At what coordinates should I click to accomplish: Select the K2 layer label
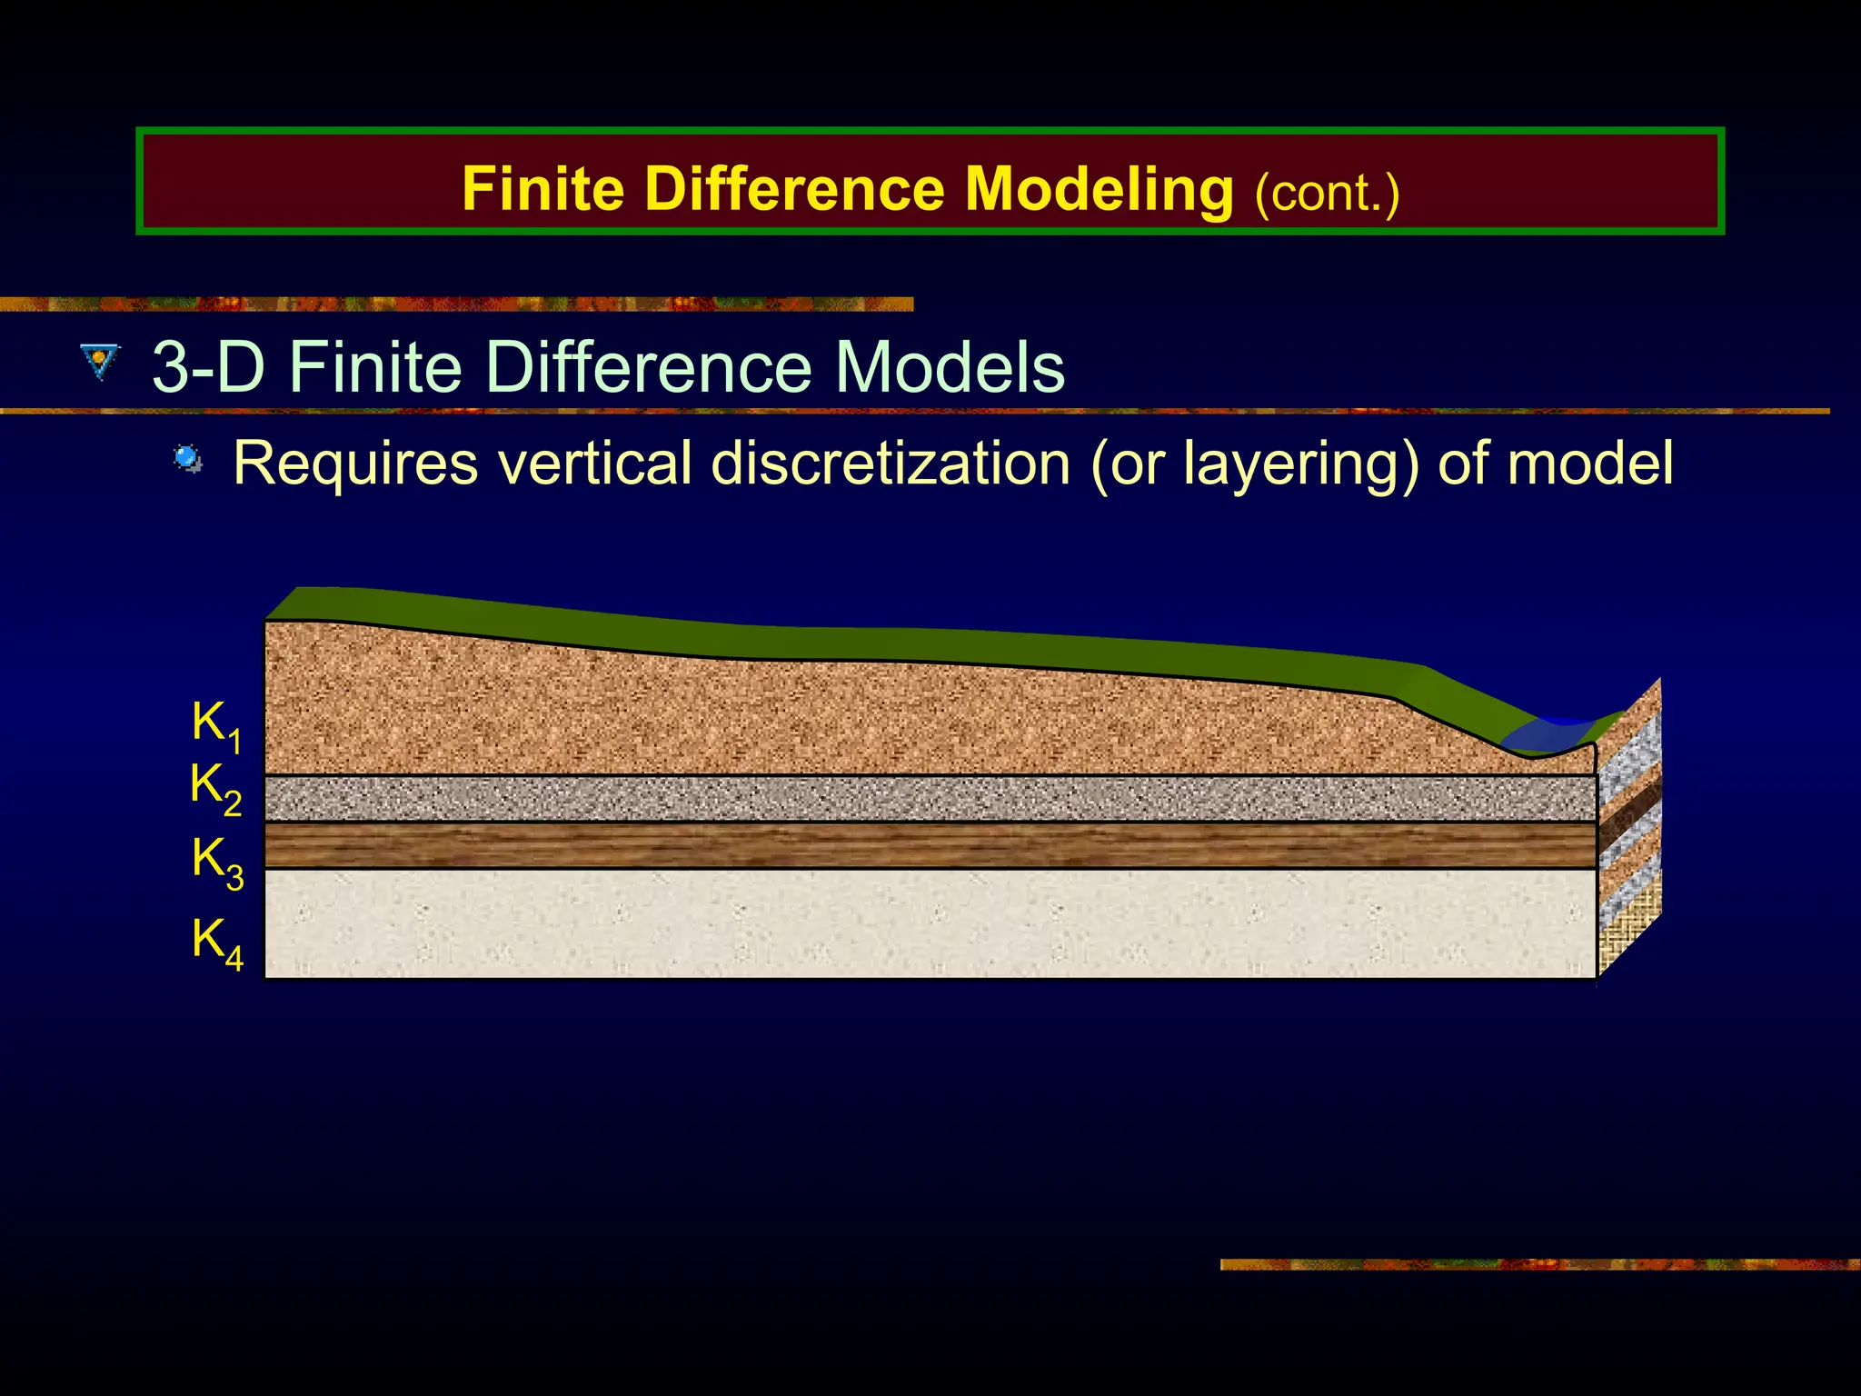(215, 787)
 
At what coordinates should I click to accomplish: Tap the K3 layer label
(217, 861)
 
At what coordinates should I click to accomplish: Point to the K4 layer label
(217, 942)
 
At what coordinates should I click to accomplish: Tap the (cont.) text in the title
(1326, 193)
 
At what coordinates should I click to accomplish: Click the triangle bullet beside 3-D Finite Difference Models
(99, 361)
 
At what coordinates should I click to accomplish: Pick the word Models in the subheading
(950, 367)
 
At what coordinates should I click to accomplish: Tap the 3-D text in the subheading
(208, 367)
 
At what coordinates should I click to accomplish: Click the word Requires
(355, 464)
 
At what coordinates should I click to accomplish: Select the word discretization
(891, 464)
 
